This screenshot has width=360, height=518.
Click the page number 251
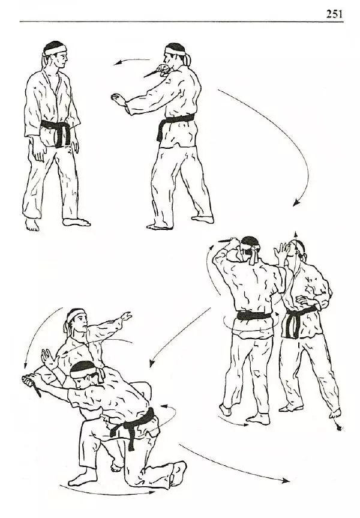[x=334, y=14]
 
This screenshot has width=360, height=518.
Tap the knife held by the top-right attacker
[x=152, y=73]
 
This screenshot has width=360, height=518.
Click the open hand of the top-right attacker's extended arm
[x=119, y=100]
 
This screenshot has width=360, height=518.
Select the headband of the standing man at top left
[x=55, y=50]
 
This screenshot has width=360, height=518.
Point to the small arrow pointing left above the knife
[x=131, y=61]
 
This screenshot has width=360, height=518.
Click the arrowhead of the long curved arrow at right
[x=296, y=202]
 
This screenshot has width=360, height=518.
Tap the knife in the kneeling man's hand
[x=32, y=385]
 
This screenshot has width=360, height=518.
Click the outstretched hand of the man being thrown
[x=126, y=316]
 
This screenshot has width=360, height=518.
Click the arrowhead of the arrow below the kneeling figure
[x=152, y=492]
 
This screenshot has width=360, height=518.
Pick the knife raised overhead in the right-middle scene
[x=228, y=240]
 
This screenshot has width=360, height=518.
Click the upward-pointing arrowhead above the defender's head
[x=296, y=234]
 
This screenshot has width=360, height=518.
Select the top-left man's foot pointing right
[x=76, y=222]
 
